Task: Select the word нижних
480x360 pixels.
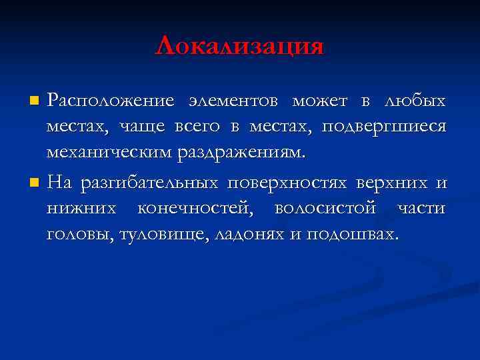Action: click(80, 208)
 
